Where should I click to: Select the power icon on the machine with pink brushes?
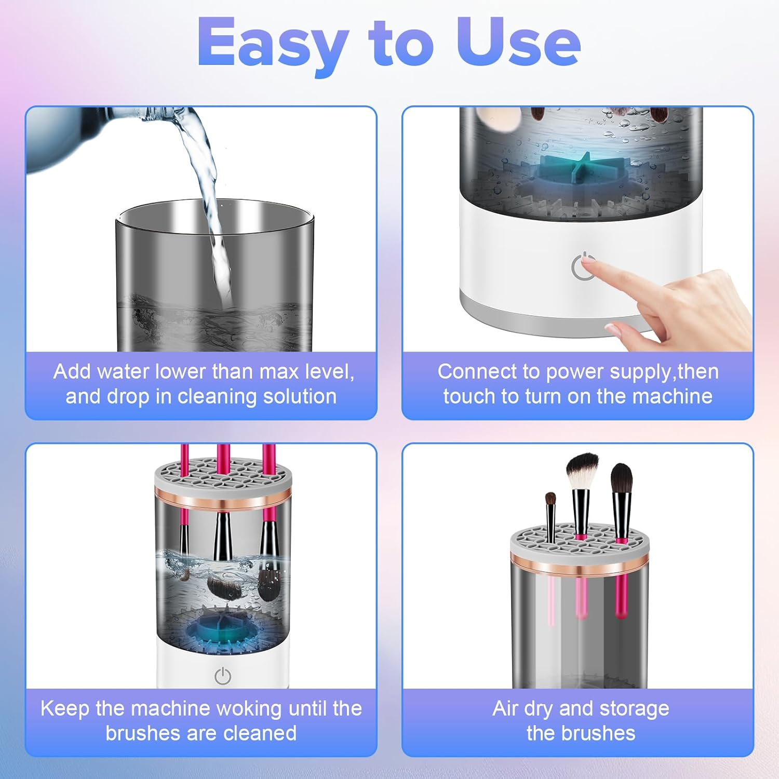tap(223, 676)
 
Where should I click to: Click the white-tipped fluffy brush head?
tap(582, 471)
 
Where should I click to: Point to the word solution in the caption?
tap(300, 396)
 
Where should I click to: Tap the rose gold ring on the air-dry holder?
tap(580, 563)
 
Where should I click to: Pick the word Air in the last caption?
tap(506, 709)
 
